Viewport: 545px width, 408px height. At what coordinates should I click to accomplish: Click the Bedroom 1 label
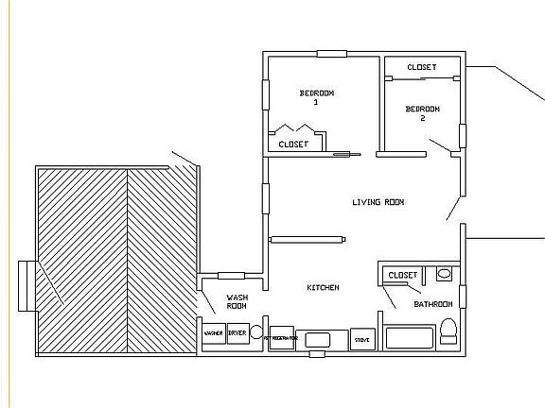(x=317, y=96)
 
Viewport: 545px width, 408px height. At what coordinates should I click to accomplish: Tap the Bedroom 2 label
(x=422, y=113)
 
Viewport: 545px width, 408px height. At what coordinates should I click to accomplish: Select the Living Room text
(x=378, y=202)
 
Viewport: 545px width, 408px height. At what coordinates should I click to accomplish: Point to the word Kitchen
(x=323, y=287)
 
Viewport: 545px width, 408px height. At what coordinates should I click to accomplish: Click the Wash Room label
(x=237, y=302)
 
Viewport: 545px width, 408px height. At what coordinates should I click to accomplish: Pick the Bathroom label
(x=433, y=304)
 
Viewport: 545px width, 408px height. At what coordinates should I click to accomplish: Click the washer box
(x=214, y=333)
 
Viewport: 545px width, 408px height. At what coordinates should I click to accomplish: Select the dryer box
(x=237, y=333)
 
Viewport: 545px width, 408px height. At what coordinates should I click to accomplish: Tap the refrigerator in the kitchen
(x=280, y=337)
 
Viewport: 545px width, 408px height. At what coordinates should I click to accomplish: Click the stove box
(x=361, y=337)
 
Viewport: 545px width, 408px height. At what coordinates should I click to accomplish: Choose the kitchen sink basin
(x=318, y=338)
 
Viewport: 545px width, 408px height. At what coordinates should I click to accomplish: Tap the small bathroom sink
(x=444, y=274)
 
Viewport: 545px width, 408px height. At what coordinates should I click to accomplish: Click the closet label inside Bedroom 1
(x=293, y=144)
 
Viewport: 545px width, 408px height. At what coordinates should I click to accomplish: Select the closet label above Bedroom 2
(x=421, y=67)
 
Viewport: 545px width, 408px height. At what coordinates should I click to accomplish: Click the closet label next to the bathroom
(x=403, y=275)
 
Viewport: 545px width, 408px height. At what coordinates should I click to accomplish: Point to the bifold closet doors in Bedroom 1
(x=295, y=127)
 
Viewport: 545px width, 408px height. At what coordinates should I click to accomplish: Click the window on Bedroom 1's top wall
(x=331, y=53)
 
